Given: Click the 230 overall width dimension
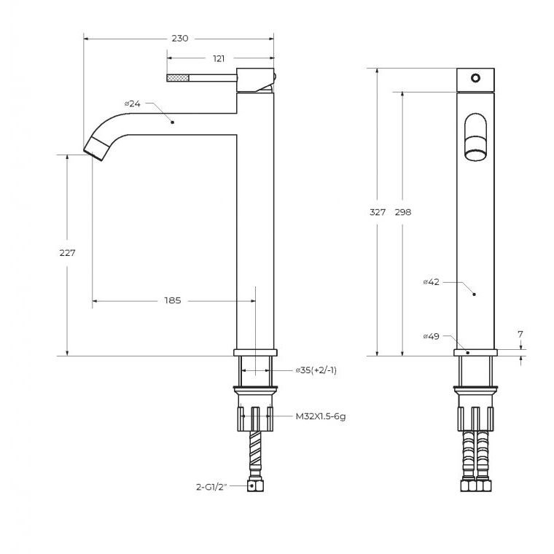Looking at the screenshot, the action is point(180,38).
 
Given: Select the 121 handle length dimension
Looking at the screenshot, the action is point(219,58).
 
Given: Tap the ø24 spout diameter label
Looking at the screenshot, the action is point(133,104).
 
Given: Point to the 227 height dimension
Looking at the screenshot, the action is point(67,253).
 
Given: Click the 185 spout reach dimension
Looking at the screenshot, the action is point(173,300).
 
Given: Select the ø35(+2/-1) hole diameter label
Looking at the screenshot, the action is point(316,370).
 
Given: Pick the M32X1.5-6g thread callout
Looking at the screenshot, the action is point(321,416).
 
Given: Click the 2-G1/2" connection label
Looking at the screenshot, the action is point(211,487).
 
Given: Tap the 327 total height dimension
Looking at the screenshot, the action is point(378,212).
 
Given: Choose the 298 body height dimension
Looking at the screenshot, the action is point(403,212).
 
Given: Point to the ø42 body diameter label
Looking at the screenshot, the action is point(432,281).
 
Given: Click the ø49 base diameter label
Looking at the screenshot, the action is point(432,336).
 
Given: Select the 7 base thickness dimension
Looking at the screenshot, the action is point(520,334).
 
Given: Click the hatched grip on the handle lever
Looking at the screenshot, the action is point(178,78).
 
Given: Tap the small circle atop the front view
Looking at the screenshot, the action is point(475,78).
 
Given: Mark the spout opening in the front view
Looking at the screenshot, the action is point(475,155).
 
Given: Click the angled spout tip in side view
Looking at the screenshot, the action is point(95,148).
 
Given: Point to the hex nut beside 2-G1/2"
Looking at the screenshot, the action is point(255,485).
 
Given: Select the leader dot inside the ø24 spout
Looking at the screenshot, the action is point(173,122).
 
